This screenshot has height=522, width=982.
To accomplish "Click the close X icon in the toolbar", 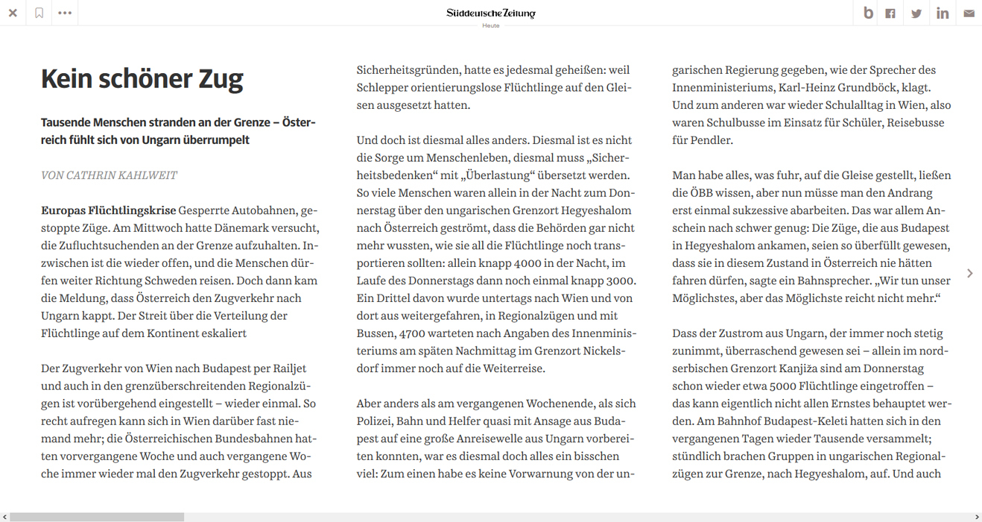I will coord(13,13).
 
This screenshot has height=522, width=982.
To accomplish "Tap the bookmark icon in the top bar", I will coord(39,13).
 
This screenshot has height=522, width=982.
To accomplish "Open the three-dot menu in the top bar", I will coord(65,13).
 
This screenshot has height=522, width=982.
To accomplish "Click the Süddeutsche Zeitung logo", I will coord(490,13).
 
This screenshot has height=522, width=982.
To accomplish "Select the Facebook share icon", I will coord(890,13).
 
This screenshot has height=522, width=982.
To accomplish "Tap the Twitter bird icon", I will coord(916,13).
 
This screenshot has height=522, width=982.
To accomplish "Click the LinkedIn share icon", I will coord(943,13).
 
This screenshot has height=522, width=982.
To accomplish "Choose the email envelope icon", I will coord(969,13).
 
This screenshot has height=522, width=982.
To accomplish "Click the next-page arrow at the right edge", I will coord(969,274).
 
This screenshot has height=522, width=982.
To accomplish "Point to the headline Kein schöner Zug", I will coord(142,79).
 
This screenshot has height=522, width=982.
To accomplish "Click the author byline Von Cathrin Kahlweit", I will coord(109,175).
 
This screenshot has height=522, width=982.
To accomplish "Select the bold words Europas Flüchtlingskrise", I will coord(108,210).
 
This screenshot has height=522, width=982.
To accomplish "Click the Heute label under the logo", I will coord(490,26).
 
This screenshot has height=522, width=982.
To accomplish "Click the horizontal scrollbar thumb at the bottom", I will coord(97,517).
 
